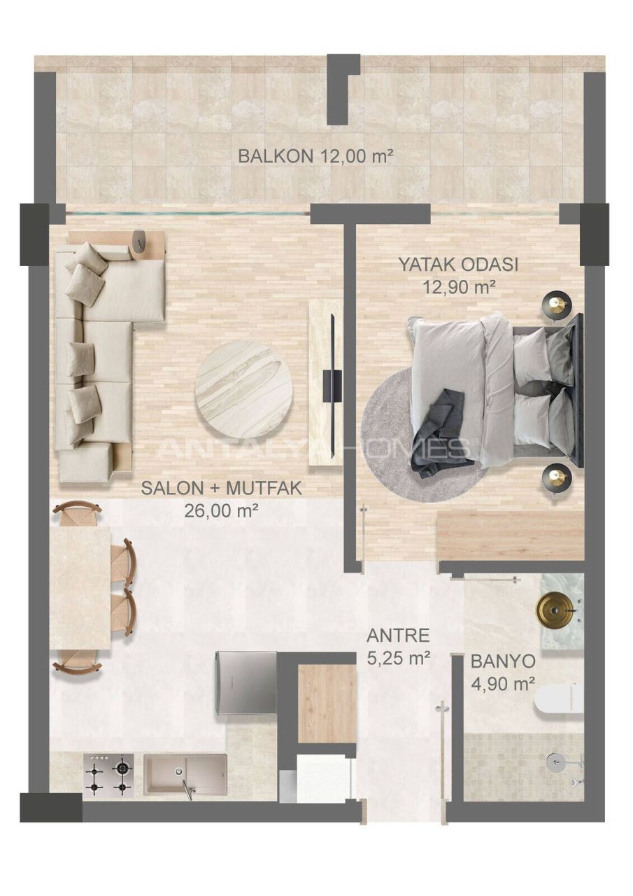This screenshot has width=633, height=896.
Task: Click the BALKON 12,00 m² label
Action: pos(315,155)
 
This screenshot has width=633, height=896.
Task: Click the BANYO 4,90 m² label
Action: pos(503,672)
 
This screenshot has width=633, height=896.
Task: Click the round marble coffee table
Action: pos(243,389)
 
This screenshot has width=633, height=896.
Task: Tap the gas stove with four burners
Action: pos(108,774)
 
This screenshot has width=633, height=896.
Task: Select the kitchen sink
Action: pos(185,773)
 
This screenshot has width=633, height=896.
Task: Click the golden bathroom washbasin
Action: pos(555,610)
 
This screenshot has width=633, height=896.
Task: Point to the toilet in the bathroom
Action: pos(560,698)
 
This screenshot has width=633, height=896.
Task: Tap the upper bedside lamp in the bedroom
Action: pos(557,304)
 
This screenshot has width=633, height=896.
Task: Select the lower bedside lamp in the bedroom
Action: pos(557,477)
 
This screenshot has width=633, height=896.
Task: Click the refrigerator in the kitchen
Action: pos(246,682)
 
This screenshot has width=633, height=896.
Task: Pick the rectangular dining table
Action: pos(80,588)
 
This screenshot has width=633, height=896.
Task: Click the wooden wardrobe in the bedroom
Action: pos(510,535)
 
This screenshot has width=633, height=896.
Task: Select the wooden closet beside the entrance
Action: pos(327,703)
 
